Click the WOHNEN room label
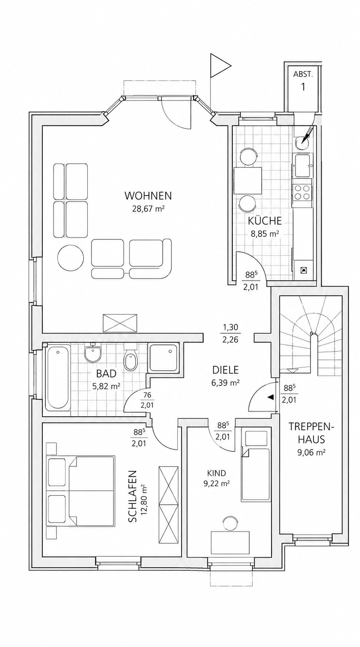(148, 196)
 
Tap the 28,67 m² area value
(148, 209)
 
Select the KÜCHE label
(265, 221)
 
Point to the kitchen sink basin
(302, 166)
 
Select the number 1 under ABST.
(303, 87)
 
